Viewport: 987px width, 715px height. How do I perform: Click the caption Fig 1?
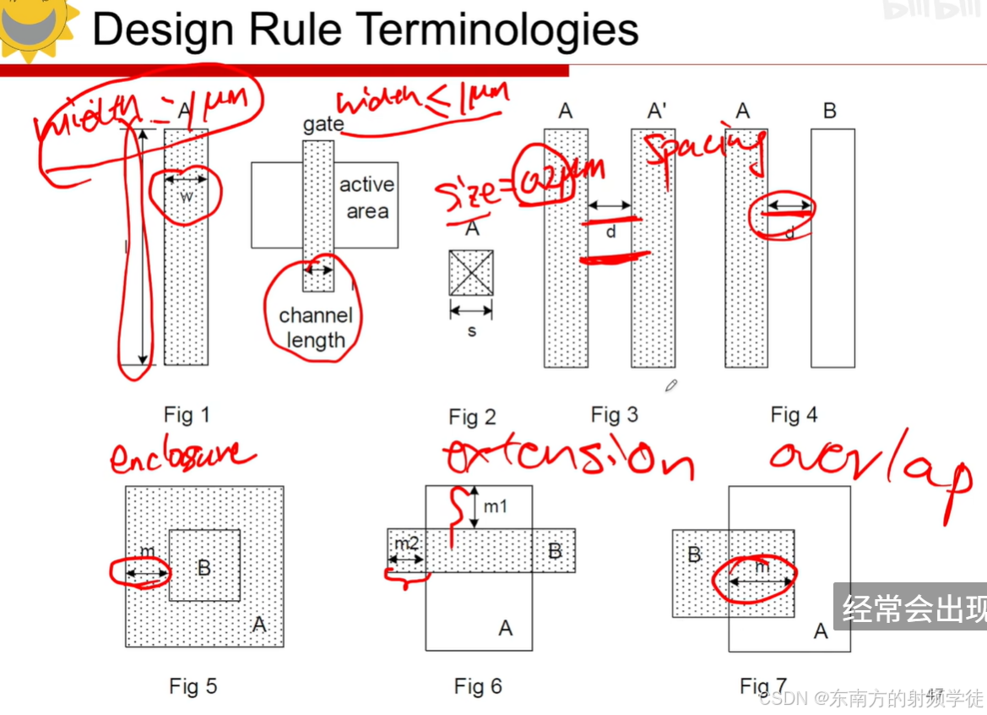[x=187, y=415]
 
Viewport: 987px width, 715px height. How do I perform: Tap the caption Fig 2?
[x=472, y=417]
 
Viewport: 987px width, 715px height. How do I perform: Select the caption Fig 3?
[x=615, y=415]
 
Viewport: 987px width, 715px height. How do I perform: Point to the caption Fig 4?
[x=794, y=415]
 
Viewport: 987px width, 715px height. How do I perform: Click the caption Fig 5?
[x=193, y=686]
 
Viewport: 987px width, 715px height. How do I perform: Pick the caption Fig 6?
[x=478, y=686]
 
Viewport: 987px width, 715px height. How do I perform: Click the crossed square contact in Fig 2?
[x=471, y=273]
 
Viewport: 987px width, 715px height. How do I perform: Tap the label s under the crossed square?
[x=472, y=331]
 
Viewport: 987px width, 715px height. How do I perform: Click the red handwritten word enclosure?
[x=182, y=456]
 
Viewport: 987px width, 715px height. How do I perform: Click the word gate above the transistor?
[x=323, y=125]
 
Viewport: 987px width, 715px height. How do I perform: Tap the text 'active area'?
[x=366, y=198]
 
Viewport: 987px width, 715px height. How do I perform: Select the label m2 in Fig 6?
[x=407, y=543]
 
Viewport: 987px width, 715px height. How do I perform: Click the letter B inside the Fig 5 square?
[x=203, y=567]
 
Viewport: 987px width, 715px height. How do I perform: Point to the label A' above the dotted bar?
[x=656, y=111]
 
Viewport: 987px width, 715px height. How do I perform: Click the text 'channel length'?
[x=315, y=328]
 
